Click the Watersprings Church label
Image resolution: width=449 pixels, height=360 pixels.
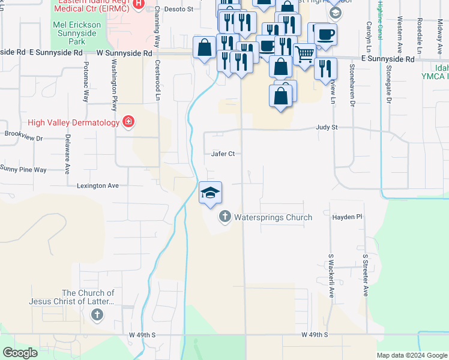[273, 217]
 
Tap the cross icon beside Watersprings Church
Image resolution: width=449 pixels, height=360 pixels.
[225, 217]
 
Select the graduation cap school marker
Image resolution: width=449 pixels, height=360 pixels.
[210, 193]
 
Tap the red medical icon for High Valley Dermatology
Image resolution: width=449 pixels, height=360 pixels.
[128, 122]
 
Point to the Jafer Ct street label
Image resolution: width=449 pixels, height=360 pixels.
[222, 154]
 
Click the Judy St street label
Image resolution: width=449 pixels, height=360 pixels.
[327, 128]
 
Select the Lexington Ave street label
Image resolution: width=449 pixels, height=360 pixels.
[97, 186]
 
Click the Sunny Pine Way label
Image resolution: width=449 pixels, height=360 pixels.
[23, 170]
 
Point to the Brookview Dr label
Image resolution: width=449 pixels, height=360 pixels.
[23, 138]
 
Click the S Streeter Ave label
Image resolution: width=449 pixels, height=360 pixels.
[365, 275]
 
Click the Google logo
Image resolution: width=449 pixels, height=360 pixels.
[20, 353]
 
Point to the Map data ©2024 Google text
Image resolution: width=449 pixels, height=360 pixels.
[411, 355]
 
